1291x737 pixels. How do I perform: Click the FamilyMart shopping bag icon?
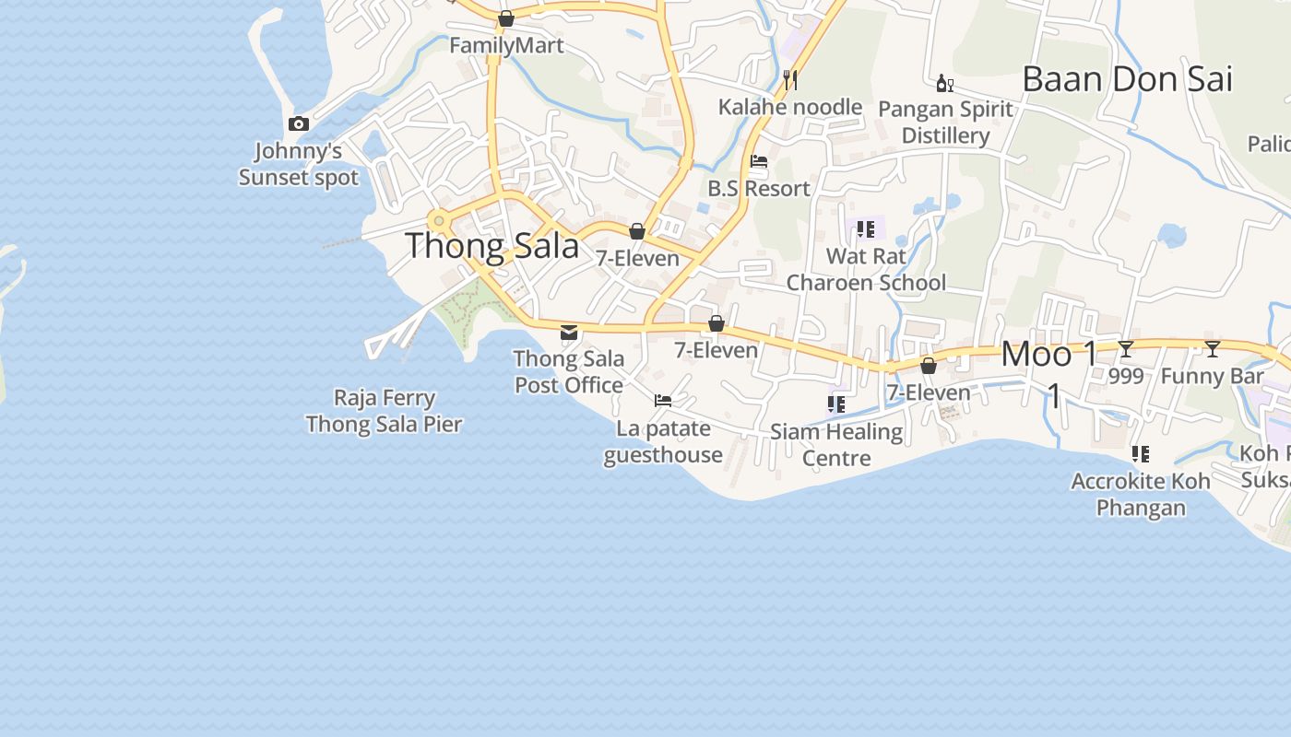505,18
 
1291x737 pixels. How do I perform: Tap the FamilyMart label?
506,45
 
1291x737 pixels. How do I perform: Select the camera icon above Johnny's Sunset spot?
298,123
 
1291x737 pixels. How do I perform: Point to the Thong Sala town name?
492,246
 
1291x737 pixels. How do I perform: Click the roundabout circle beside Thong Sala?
439,221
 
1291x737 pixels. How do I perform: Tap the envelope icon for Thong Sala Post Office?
569,332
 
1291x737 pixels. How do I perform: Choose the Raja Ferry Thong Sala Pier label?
384,411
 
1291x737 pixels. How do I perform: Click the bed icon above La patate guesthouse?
662,401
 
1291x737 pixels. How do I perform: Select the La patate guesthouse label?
663,441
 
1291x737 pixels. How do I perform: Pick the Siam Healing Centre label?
836,444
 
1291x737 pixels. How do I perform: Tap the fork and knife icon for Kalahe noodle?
789,80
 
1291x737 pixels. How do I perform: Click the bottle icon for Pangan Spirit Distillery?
944,84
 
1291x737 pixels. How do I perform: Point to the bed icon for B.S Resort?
759,161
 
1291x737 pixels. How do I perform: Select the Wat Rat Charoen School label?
866,269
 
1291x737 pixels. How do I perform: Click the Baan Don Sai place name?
1127,79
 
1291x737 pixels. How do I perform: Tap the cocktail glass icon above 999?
1125,349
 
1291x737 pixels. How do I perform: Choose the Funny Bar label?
1212,376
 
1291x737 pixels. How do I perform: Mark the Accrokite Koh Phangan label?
1141,495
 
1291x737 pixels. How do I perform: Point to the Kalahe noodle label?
790,107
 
